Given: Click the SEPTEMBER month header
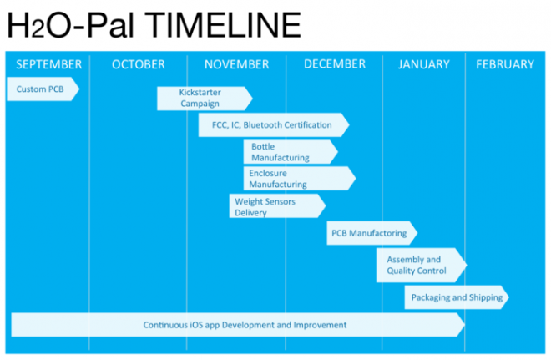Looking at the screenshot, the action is [x=49, y=64].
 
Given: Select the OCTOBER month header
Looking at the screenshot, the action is [x=138, y=64].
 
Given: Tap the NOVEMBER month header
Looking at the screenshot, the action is [x=236, y=64].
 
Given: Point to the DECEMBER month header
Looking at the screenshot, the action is [x=335, y=64].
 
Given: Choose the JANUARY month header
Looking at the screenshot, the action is [x=424, y=64].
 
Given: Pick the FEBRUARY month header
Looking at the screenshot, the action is [x=505, y=64].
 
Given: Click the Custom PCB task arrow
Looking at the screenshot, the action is [x=43, y=89].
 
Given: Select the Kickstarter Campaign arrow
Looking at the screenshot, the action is [x=205, y=99].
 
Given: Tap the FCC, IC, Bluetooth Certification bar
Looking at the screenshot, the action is [x=274, y=124].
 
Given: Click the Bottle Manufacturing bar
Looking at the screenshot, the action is [x=291, y=152].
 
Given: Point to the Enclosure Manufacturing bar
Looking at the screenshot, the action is [x=300, y=178].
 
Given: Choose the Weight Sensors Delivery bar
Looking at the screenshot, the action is [x=277, y=206].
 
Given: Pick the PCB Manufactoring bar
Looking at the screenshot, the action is [x=372, y=233].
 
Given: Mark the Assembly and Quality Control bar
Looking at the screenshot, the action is [x=422, y=265].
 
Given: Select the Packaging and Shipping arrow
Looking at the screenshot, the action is [x=457, y=297].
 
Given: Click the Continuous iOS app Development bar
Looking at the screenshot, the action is [x=238, y=324].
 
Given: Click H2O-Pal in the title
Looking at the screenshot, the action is [x=71, y=25].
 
